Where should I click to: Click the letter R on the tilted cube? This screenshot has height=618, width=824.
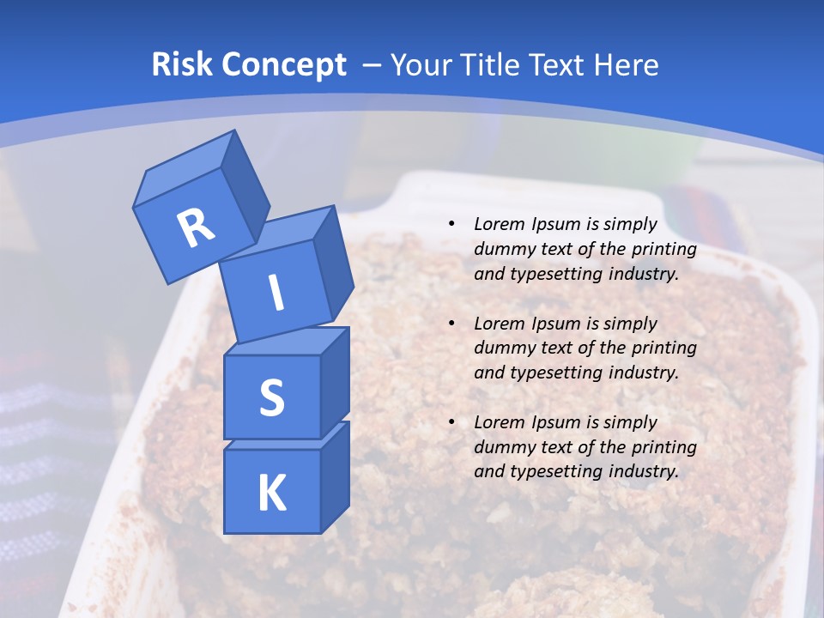[196, 227]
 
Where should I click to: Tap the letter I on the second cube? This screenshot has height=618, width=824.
[276, 293]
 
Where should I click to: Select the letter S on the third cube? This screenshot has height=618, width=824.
[271, 397]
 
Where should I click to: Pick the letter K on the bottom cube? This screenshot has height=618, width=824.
[271, 493]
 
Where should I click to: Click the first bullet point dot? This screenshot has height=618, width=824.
[451, 225]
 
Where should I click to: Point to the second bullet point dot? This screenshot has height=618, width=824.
[451, 324]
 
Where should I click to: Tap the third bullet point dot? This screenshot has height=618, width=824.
[451, 422]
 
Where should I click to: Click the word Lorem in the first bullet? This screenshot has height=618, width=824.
[497, 224]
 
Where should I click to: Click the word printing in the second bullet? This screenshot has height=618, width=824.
[663, 348]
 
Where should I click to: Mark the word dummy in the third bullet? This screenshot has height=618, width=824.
[502, 447]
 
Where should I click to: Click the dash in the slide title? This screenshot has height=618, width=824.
[373, 64]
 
